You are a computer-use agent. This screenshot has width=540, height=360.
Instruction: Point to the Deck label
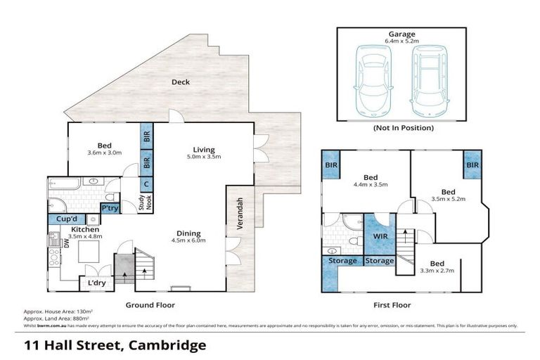(x=181, y=82)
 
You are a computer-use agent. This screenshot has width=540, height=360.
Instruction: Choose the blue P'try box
(x=110, y=209)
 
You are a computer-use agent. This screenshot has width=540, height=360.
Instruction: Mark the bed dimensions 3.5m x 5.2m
(x=448, y=199)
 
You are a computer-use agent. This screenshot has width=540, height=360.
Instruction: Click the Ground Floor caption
(x=150, y=305)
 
